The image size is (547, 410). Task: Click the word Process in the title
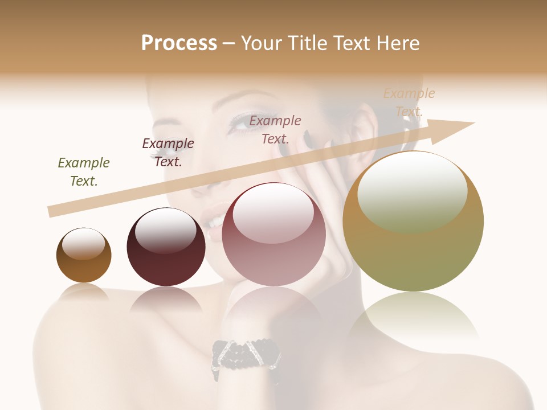pyautogui.click(x=179, y=43)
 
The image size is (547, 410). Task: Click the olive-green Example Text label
pyautogui.click(x=84, y=171)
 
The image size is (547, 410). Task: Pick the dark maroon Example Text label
pyautogui.click(x=168, y=152)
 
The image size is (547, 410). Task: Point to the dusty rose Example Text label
pyautogui.click(x=275, y=129)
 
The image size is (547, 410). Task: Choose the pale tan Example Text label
pyautogui.click(x=409, y=102)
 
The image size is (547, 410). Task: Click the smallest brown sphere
pyautogui.click(x=84, y=256)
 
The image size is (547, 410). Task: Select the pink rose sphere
pyautogui.click(x=273, y=235)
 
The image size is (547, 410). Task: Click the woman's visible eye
pyautogui.click(x=244, y=121)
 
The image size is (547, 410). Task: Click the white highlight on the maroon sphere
pyautogui.click(x=165, y=229)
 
